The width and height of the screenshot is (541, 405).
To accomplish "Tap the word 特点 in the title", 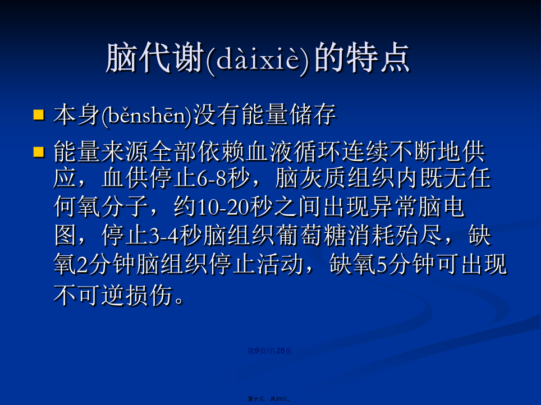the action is tap(378, 58).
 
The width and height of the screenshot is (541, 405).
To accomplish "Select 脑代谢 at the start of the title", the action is tap(154, 58).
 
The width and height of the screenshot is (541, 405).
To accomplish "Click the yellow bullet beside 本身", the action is tap(39, 114).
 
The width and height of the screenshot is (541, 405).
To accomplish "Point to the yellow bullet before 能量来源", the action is tap(39, 152).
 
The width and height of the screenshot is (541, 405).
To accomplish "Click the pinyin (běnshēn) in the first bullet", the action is tap(146, 115).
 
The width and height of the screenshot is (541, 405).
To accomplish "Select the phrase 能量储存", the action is tap(288, 114).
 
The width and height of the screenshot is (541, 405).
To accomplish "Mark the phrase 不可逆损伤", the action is tap(113, 295).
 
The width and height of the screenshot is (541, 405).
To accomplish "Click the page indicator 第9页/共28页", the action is tap(269, 351).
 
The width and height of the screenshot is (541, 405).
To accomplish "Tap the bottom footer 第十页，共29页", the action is tap(269, 399).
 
